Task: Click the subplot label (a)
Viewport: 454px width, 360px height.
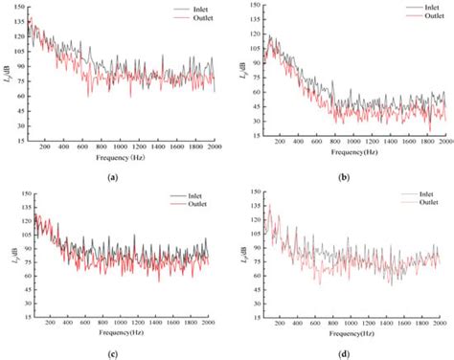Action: [x=114, y=176]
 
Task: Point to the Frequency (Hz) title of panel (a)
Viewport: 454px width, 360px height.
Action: [x=122, y=155]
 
